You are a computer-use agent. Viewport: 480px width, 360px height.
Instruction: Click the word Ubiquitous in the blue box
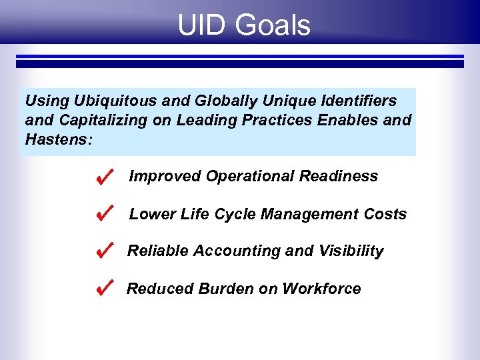pos(109,101)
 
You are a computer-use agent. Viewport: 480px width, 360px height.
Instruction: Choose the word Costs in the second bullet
pos(385,214)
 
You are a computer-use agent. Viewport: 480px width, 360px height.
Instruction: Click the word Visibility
pos(352,251)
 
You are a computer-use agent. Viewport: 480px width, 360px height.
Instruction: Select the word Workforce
pos(321,289)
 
